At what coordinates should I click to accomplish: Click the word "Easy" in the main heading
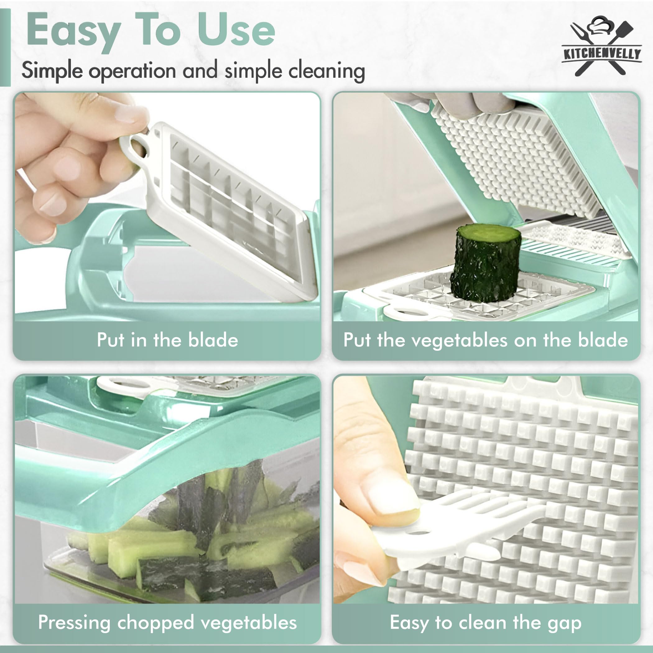point(73,32)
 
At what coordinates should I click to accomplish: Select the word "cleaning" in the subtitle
point(327,72)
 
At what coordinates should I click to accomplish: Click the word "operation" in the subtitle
point(132,72)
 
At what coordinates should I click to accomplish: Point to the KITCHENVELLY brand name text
point(602,54)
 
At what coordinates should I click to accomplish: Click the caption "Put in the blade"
point(167,340)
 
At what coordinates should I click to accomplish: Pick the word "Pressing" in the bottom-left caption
point(74,623)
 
